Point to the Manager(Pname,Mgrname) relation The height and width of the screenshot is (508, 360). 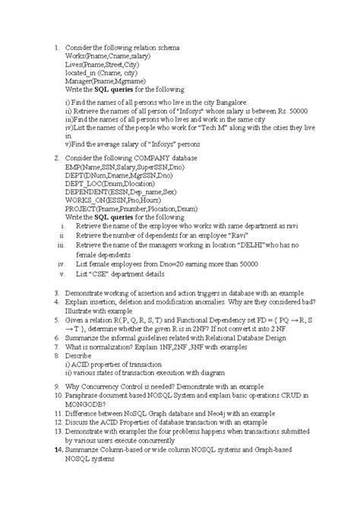pos(111,79)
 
